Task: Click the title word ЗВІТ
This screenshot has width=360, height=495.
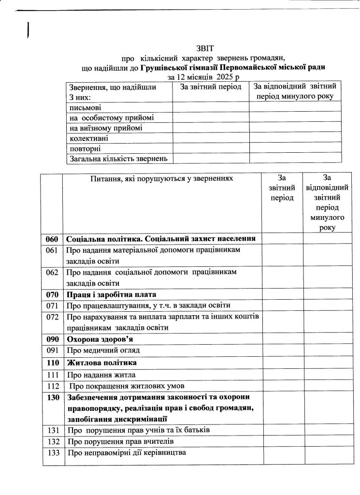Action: pos(204,48)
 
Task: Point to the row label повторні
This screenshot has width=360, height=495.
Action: pos(85,148)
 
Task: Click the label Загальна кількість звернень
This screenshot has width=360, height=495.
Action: pos(118,158)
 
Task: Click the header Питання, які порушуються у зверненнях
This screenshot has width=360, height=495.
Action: pos(161,178)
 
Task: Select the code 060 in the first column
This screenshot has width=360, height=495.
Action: pos(52,239)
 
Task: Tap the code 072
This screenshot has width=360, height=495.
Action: pos(52,316)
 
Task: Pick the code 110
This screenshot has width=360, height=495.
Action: pos(52,362)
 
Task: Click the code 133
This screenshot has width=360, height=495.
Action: pos(52,453)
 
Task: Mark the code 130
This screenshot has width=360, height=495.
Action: pos(52,397)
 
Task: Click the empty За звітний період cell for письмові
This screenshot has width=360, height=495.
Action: pos(211,107)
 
